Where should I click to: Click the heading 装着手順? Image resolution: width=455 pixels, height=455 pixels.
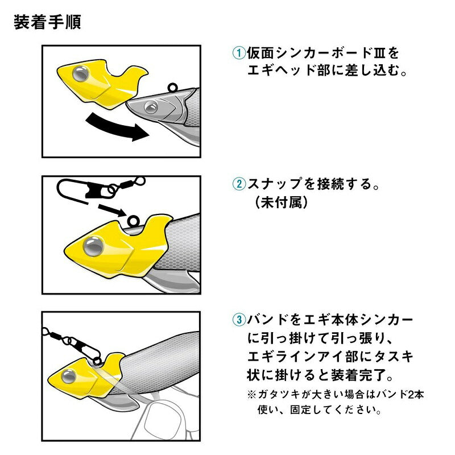[47, 22]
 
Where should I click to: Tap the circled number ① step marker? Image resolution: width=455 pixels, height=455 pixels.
[239, 53]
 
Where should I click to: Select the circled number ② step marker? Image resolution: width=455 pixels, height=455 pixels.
[239, 184]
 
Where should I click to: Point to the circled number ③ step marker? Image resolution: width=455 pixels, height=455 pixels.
[239, 320]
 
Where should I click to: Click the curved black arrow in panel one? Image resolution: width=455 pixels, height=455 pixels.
[116, 127]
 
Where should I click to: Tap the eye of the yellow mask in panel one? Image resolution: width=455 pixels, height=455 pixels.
[80, 74]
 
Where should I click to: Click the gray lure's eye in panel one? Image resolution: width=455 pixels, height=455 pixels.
[151, 107]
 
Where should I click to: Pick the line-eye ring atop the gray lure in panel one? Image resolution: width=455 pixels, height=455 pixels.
[172, 87]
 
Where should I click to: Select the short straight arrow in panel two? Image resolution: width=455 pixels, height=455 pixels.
[112, 209]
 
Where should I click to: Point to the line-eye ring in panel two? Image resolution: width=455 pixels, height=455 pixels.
[134, 221]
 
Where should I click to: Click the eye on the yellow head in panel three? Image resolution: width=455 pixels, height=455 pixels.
[69, 377]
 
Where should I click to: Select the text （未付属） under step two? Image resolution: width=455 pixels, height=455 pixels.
[281, 202]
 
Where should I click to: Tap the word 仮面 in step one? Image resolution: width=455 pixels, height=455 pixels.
[260, 53]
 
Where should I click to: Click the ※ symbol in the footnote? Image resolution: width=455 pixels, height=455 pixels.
[251, 395]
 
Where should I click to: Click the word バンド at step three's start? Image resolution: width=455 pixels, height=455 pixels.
[267, 320]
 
